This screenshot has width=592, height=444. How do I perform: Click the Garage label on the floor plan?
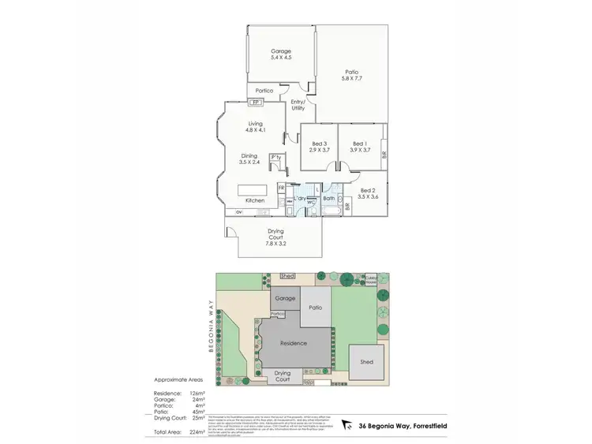[x=281, y=51]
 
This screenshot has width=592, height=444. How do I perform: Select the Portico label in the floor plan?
[x=264, y=91]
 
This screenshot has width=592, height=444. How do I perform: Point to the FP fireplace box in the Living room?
[x=255, y=102]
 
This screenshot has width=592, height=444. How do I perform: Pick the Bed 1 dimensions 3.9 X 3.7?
[x=360, y=150]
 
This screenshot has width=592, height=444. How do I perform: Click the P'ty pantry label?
[x=275, y=157]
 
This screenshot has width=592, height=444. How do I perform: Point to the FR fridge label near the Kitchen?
[x=281, y=188]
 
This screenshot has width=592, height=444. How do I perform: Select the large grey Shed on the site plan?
[x=366, y=363]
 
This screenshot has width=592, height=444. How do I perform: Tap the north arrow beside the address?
[x=348, y=427]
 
